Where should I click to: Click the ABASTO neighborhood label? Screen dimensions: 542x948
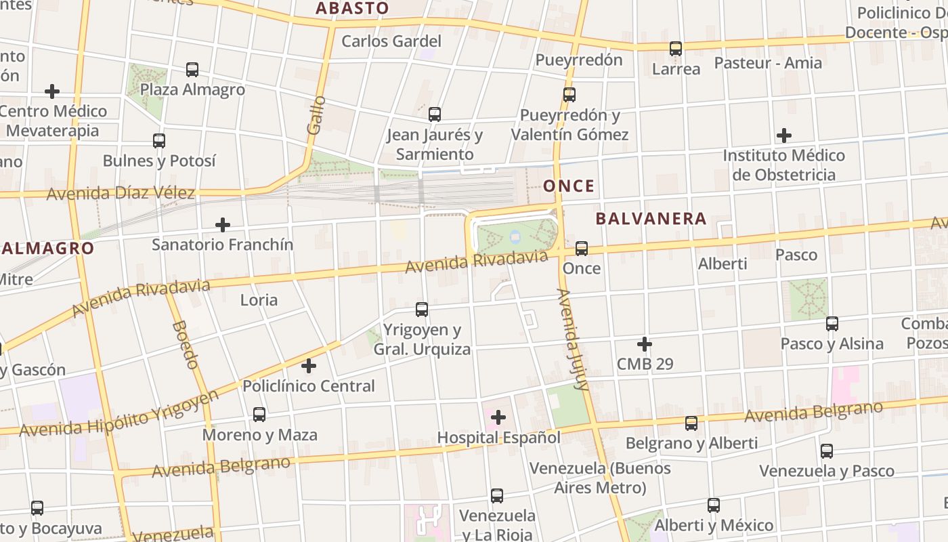[352, 8]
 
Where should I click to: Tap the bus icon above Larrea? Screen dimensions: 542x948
[676, 49]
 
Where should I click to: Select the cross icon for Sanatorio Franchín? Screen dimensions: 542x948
[222, 224]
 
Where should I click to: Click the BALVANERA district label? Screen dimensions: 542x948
[651, 218]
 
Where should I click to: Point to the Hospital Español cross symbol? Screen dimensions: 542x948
[498, 417]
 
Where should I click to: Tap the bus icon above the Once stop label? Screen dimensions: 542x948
[582, 248]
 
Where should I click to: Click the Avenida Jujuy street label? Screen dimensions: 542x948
[572, 339]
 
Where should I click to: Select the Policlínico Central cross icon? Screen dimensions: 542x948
[309, 366]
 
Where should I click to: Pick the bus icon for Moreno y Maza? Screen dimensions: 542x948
[259, 414]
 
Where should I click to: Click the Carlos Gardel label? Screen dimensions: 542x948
[391, 41]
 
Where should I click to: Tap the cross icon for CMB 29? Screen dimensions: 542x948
[645, 344]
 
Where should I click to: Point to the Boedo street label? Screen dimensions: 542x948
[185, 344]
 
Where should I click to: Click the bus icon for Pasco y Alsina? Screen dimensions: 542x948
[832, 323]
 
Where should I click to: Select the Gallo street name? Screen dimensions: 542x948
[316, 115]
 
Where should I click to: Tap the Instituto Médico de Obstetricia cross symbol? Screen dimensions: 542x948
[784, 135]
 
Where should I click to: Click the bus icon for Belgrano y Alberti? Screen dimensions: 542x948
[691, 423]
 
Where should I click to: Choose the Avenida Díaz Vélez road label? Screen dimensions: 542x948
[121, 193]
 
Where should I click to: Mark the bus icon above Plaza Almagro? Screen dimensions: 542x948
[192, 69]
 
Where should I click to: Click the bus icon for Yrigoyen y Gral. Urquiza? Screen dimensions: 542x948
[422, 310]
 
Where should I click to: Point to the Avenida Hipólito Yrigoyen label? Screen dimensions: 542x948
[119, 414]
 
